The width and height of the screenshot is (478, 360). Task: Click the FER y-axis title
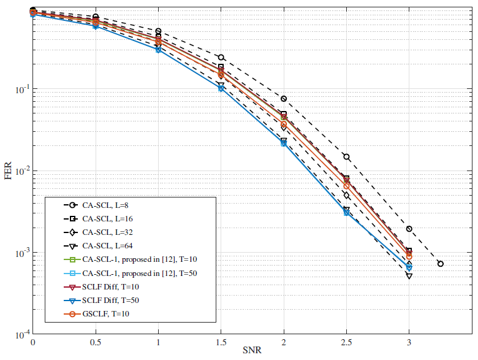(x=8, y=172)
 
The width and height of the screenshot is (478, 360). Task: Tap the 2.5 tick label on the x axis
(x=346, y=342)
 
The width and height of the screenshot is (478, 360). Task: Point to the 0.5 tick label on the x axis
(x=96, y=342)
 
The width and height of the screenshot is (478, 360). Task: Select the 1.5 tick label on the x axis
(x=221, y=342)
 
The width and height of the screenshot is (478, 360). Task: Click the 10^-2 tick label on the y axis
(x=19, y=171)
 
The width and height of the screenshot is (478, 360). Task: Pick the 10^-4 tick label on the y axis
(x=19, y=335)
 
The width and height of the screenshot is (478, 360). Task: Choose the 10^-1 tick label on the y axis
(x=19, y=90)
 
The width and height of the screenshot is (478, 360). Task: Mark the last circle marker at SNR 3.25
(x=440, y=264)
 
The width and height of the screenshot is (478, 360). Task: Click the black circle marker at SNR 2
(x=284, y=99)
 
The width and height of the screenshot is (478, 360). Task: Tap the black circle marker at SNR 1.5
(x=221, y=58)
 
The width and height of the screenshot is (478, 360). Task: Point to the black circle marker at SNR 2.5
(x=346, y=157)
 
